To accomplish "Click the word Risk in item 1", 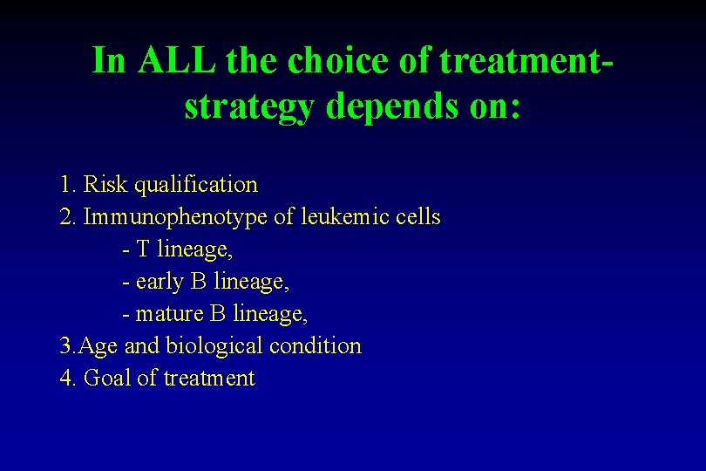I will tap(106, 185).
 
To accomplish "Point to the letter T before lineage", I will tap(143, 249).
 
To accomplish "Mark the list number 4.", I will tap(66, 379).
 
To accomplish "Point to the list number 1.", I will tap(66, 185).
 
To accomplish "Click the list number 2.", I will tap(66, 217).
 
